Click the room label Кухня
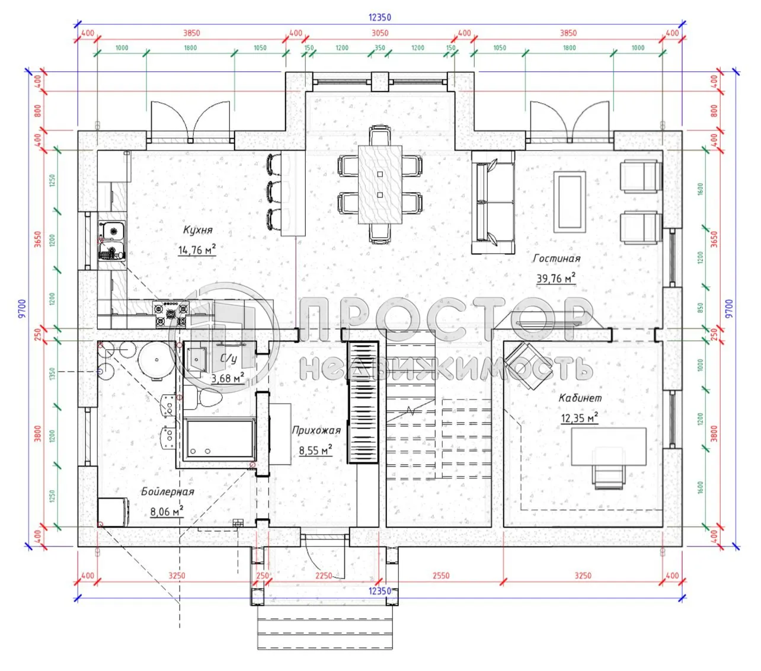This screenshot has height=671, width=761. click(197, 230)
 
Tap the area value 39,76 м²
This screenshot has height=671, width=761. click(555, 278)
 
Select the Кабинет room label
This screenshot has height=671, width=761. click(580, 398)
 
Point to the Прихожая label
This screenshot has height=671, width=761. click(316, 430)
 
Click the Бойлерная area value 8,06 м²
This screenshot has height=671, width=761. click(167, 511)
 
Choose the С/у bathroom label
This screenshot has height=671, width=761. click(229, 359)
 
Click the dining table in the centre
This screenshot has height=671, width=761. click(380, 184)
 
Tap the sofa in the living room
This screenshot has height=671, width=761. click(493, 202)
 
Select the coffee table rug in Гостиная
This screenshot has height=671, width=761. click(570, 202)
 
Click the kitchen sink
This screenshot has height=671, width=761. click(111, 240)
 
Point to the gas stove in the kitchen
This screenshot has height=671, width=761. click(171, 314)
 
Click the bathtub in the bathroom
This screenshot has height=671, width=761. click(219, 439)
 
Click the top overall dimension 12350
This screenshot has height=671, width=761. click(379, 18)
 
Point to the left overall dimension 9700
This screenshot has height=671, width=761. click(22, 308)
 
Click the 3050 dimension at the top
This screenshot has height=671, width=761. click(379, 33)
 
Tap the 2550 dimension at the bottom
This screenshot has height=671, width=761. click(440, 576)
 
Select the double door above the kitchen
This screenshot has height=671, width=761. click(190, 122)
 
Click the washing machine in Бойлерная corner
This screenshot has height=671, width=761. click(113, 512)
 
